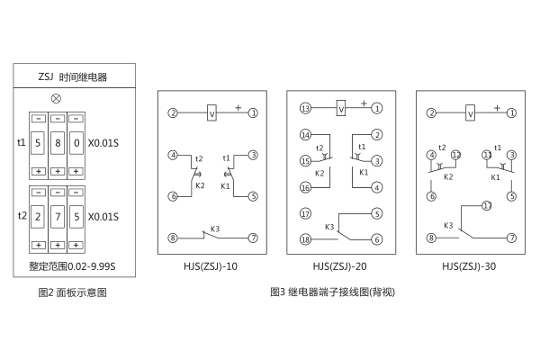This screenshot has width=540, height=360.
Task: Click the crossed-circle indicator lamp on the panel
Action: [58, 96]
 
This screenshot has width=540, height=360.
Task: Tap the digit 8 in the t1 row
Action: [58, 143]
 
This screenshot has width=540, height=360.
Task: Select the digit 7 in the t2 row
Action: [58, 217]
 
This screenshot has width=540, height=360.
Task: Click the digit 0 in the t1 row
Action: [76, 143]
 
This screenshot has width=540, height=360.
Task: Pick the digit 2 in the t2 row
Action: [38, 217]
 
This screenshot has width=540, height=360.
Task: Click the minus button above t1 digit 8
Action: [58, 119]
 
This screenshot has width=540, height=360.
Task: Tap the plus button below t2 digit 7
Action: [58, 244]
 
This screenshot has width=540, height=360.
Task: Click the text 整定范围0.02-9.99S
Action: [73, 265]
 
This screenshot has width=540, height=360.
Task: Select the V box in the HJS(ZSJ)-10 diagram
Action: [211, 112]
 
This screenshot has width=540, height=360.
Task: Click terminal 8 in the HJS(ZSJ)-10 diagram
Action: [172, 238]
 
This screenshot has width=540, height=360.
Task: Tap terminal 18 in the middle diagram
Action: [305, 239]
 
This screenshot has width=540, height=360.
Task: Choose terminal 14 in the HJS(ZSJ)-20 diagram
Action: [305, 135]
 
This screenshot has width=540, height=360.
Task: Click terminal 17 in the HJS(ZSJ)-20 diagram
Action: [305, 213]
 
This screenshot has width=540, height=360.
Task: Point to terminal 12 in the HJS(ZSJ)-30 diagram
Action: [456, 155]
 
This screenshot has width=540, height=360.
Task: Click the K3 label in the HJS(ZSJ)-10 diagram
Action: [214, 229]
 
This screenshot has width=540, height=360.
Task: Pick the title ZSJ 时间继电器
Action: [73, 77]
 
